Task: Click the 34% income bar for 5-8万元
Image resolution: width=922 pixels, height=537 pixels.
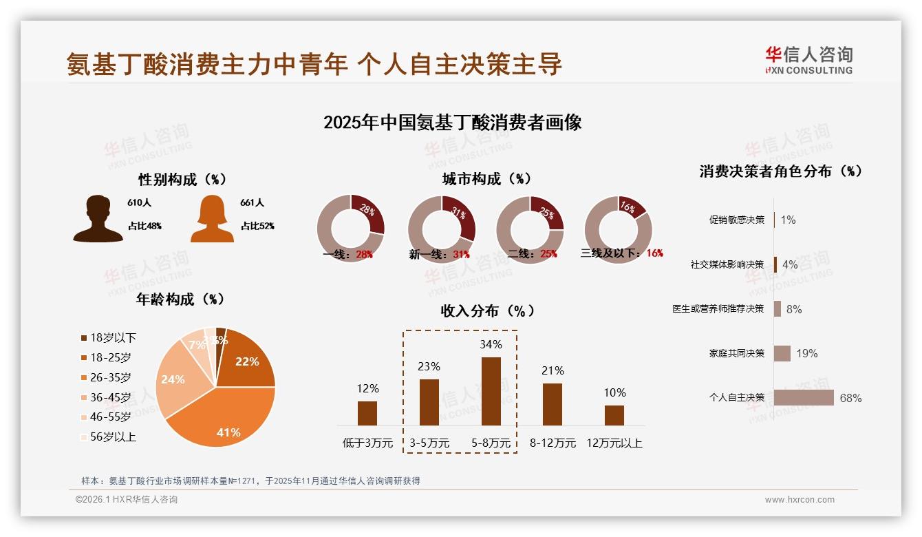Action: [491, 391]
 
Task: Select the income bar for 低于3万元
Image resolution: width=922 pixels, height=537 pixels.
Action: [367, 413]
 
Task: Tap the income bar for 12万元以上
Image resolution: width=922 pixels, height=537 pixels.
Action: [614, 415]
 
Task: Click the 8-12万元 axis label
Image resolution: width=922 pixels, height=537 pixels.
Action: [553, 443]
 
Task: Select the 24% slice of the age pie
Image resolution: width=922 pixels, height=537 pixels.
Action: [175, 382]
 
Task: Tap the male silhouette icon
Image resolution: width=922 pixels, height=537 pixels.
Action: [98, 219]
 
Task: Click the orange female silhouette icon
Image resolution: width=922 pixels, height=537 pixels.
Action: [212, 219]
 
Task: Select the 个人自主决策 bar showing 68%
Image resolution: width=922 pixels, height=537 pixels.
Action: [803, 398]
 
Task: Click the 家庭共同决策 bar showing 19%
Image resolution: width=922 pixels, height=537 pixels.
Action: [782, 353]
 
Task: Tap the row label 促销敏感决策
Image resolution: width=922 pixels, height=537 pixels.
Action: [736, 220]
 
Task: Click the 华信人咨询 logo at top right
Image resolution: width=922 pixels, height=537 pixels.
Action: [808, 60]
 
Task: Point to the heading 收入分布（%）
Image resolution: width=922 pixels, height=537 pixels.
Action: [487, 311]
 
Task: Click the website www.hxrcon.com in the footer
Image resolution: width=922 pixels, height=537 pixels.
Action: [800, 500]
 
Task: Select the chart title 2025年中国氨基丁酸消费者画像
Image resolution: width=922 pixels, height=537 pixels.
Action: [452, 123]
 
